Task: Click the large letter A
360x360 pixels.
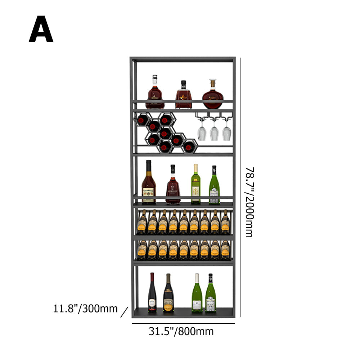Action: [41, 30]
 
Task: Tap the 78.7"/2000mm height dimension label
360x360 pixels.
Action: [249, 202]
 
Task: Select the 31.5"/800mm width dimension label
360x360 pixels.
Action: [181, 331]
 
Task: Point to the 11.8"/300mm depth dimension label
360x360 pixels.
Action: [86, 309]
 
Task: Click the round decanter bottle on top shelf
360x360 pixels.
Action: [213, 95]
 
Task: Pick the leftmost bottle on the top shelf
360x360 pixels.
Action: [155, 94]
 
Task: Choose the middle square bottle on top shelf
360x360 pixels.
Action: [184, 96]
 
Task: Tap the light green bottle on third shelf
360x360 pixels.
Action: [195, 184]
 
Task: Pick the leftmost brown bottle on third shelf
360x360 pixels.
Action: [149, 184]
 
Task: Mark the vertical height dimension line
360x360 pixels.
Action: [240, 187]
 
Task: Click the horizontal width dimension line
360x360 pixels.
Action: [183, 323]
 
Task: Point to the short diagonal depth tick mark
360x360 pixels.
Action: [124, 312]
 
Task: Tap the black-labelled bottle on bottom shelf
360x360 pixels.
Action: [168, 293]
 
